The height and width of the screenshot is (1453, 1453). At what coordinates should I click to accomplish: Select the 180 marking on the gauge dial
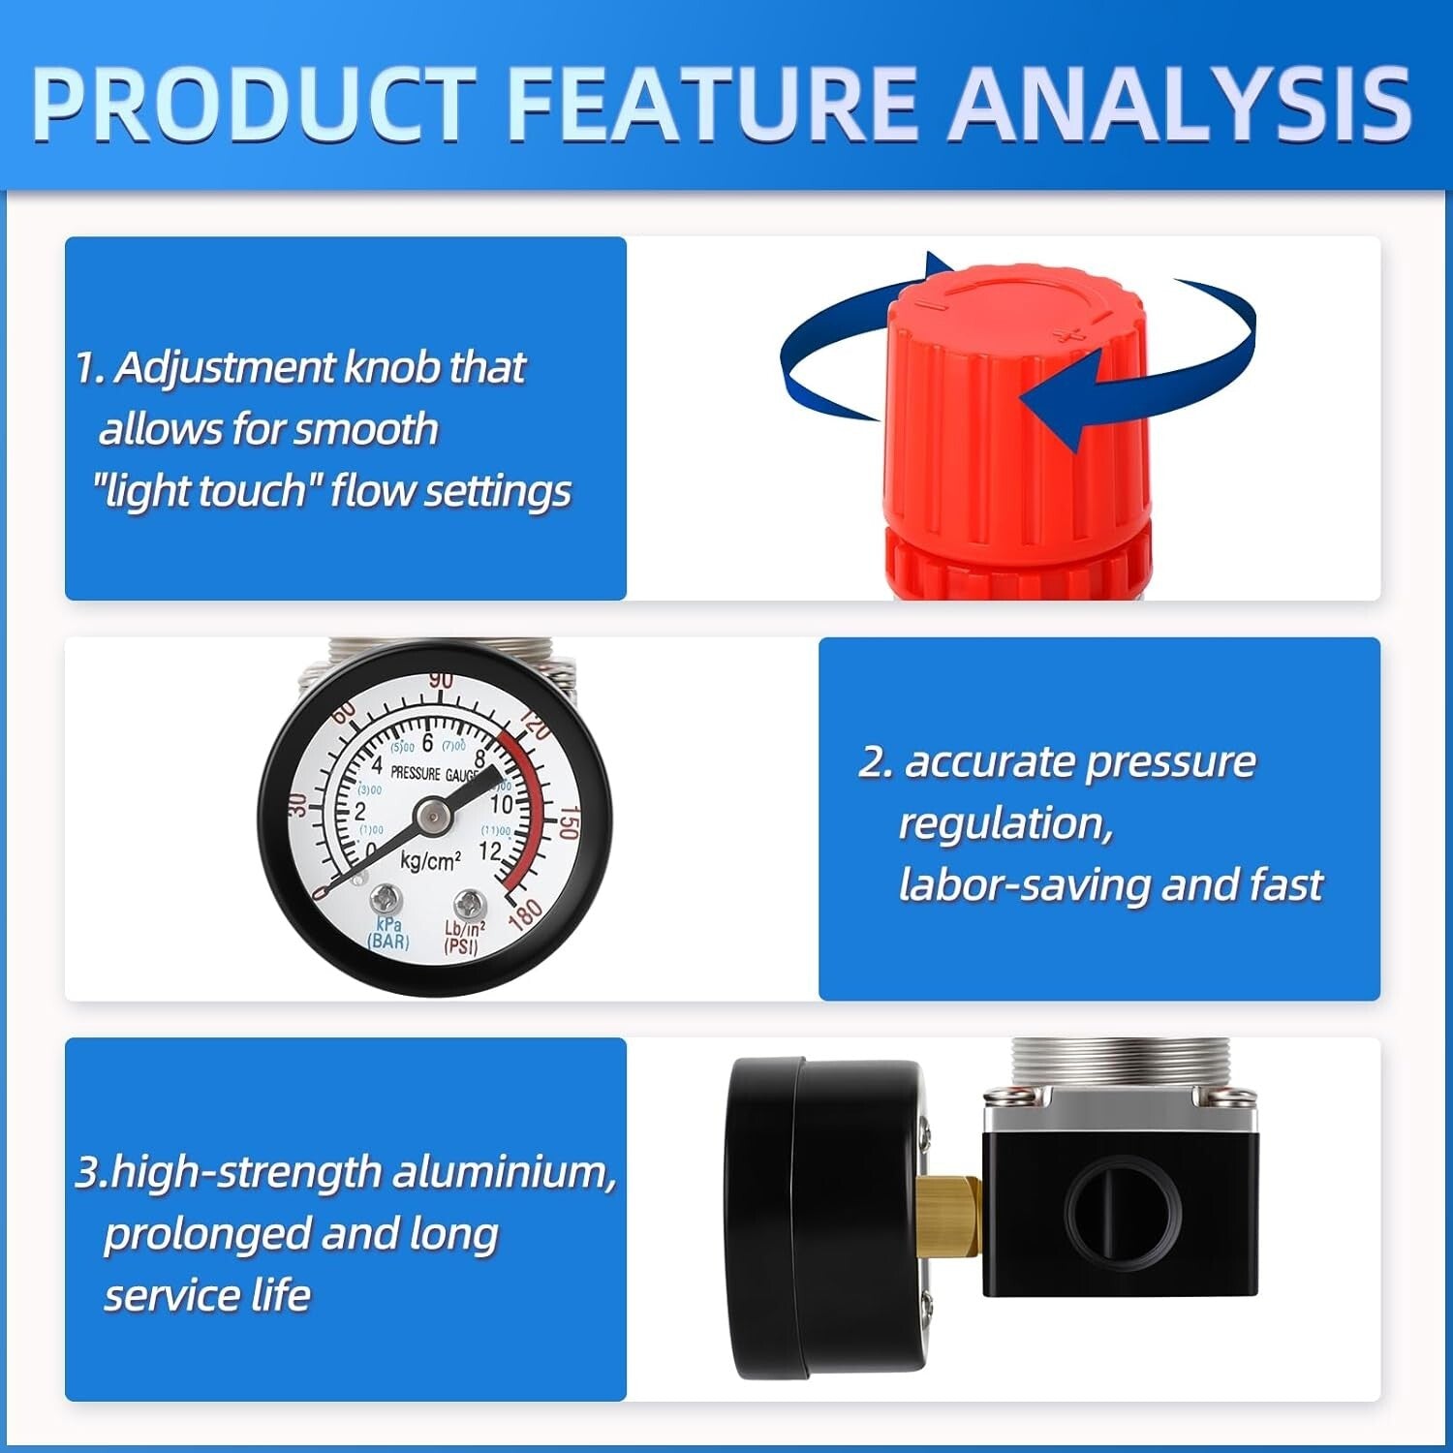tap(524, 913)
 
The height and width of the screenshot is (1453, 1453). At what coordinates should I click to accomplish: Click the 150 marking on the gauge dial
tap(568, 822)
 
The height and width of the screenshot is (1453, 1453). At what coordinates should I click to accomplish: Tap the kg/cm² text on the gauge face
tap(430, 860)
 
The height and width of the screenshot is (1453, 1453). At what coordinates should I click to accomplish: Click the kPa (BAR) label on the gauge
tap(388, 933)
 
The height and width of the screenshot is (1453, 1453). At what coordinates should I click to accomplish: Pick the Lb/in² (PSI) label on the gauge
tap(464, 938)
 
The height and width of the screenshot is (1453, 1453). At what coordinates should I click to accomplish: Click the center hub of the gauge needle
tap(433, 819)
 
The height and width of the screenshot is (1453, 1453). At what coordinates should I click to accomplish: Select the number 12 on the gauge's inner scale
tap(490, 851)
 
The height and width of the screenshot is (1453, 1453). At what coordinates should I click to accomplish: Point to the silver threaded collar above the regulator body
tap(1120, 1066)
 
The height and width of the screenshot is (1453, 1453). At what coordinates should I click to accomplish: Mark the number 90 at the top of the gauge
tap(442, 680)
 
